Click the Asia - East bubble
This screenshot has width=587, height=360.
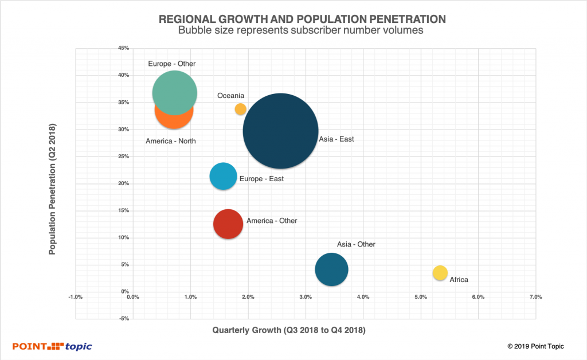280,131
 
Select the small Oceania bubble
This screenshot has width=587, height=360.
241,109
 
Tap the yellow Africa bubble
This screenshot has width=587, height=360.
440,273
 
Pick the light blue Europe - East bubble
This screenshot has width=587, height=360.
223,176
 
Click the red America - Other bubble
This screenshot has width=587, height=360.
228,224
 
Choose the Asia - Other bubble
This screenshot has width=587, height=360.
331,269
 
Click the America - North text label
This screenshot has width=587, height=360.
170,141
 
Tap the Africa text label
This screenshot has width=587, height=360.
459,280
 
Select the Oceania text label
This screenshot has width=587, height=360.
231,96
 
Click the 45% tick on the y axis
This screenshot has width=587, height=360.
123,48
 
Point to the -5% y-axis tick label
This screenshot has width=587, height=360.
123,319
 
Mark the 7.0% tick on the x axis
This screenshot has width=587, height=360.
535,297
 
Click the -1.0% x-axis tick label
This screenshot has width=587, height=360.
75,297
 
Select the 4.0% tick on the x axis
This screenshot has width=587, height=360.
363,297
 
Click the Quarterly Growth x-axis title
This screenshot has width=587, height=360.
289,330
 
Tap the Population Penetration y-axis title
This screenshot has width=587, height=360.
52,189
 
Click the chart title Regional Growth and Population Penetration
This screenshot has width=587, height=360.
293,19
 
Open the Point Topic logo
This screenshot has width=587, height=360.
52,346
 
